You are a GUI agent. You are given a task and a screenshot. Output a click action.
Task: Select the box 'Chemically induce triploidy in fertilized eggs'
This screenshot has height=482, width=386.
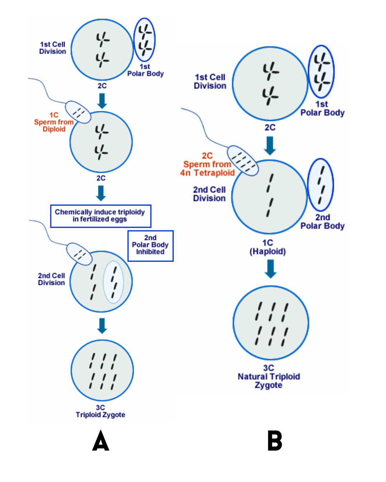pyautogui.click(x=100, y=216)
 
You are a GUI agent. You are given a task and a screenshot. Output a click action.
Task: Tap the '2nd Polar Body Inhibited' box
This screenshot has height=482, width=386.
pyautogui.click(x=150, y=245)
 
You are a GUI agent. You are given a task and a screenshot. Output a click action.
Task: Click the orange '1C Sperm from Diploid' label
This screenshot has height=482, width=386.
pyautogui.click(x=54, y=122)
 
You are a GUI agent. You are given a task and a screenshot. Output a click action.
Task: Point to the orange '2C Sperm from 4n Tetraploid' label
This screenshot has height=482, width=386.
pyautogui.click(x=207, y=165)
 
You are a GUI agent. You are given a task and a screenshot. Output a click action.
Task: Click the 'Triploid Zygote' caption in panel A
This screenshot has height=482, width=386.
pyautogui.click(x=100, y=415)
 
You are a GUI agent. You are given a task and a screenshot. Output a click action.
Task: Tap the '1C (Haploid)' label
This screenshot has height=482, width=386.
pyautogui.click(x=268, y=247)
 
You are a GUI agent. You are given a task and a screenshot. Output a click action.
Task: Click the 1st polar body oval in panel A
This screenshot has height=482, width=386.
pyautogui.click(x=144, y=40)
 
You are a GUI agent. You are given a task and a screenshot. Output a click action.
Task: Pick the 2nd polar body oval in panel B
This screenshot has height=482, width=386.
pyautogui.click(x=321, y=185)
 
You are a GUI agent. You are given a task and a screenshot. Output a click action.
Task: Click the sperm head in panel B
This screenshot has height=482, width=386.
pyautogui.click(x=243, y=161)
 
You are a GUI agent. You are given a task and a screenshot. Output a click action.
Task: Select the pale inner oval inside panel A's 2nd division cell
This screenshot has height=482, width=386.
pyautogui.click(x=113, y=282)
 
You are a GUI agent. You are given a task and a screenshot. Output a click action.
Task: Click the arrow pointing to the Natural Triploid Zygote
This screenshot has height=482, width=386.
pyautogui.click(x=271, y=268)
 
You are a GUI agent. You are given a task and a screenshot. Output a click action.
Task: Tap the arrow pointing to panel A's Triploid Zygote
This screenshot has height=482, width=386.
pyautogui.click(x=102, y=325)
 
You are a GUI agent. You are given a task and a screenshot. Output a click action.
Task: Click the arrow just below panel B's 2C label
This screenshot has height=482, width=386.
pyautogui.click(x=270, y=145)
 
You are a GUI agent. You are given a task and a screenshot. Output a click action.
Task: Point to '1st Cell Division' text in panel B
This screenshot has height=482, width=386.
pyautogui.click(x=210, y=81)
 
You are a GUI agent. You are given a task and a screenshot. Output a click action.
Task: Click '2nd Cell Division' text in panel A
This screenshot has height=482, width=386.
pyautogui.click(x=51, y=279)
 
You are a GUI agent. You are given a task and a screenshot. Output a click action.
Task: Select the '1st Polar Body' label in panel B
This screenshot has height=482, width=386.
pyautogui.click(x=322, y=109)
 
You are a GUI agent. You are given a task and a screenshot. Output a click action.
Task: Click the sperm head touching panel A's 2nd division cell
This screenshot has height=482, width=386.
pyautogui.click(x=79, y=254)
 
